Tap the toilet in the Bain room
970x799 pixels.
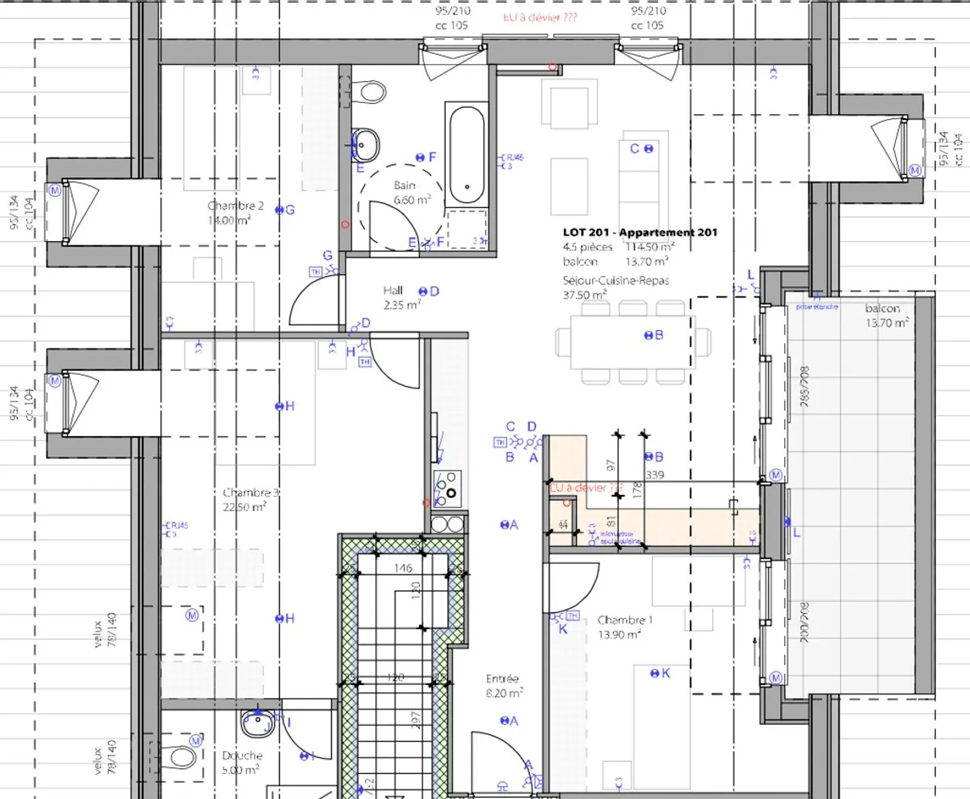tap(367, 92)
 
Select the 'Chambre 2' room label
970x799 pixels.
tap(235, 206)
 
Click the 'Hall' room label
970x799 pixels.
tap(393, 290)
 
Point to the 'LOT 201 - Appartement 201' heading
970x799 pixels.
tap(640, 232)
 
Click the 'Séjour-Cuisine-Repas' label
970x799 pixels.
tap(616, 280)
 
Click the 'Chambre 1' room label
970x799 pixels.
tap(624, 620)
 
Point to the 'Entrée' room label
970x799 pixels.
tap(502, 679)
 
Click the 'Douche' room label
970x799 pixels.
tap(242, 756)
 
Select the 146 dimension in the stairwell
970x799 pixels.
tap(403, 568)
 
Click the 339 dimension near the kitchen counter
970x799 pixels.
tap(655, 475)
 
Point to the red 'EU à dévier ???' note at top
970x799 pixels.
tap(540, 18)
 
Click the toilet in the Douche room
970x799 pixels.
tap(181, 758)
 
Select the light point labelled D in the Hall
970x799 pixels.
tap(424, 292)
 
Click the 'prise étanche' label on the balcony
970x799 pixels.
tap(817, 307)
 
